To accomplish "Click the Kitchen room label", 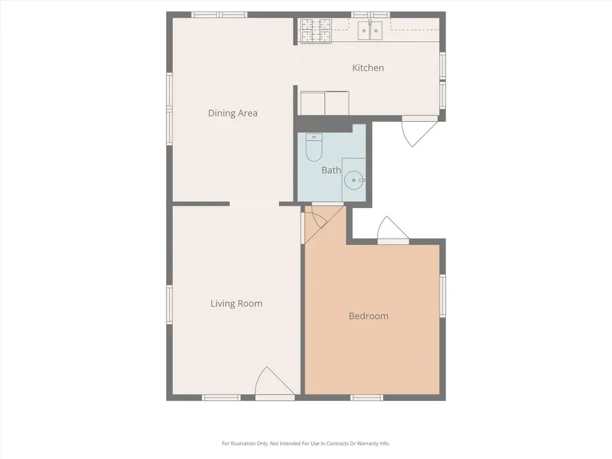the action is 368,68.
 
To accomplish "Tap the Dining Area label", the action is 232,113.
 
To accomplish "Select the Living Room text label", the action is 237,304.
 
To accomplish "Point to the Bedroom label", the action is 368,316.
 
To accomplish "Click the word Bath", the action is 331,170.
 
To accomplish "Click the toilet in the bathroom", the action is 314,147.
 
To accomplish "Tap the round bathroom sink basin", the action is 354,180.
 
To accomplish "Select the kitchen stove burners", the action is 316,30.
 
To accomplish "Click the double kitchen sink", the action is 370,30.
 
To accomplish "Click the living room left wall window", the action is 169,304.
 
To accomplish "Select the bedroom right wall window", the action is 443,296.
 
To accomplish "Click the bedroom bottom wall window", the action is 367,397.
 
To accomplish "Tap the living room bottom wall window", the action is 221,397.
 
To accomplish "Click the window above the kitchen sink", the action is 371,15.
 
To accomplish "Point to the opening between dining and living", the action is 254,204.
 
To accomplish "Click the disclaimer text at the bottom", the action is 306,443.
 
